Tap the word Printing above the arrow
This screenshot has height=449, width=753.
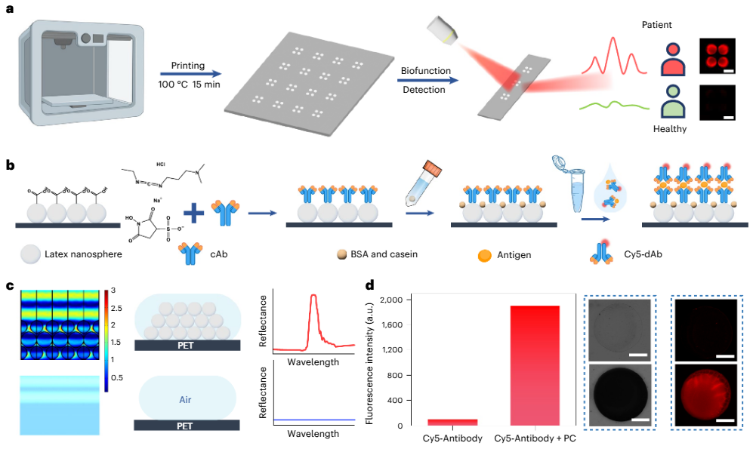coord(179,66)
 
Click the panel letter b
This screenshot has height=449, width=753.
coord(11,164)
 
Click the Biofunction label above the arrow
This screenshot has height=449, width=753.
coord(425,71)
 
